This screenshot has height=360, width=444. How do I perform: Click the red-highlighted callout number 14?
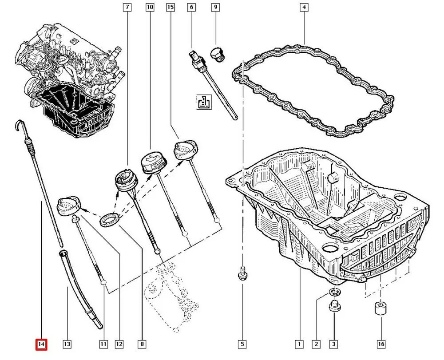41,344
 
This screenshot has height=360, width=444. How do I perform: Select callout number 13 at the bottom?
67,344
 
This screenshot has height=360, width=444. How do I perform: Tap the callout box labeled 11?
103,344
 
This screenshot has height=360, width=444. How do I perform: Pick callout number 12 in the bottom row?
119,344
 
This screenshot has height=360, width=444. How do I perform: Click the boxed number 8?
142,344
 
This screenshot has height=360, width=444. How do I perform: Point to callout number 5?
242,344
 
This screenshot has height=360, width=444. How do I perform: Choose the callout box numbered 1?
299,344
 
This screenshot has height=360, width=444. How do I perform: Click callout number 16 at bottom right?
381,344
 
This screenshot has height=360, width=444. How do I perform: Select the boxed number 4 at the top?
304,7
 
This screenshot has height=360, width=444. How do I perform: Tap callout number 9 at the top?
215,7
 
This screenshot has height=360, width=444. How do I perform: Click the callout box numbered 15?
170,7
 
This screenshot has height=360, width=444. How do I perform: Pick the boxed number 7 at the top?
127,7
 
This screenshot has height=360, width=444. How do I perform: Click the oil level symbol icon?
204,102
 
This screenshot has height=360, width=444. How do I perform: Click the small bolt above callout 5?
242,273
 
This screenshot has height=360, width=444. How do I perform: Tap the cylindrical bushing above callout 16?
381,308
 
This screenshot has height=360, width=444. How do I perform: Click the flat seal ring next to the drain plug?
335,292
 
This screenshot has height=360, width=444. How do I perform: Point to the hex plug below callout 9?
218,54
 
